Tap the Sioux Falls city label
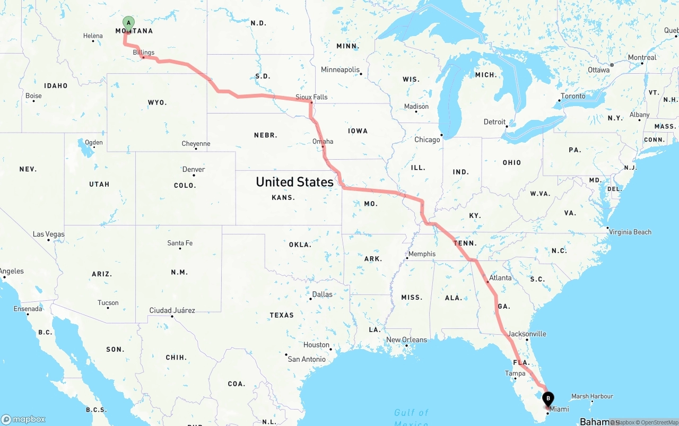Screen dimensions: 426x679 click(x=311, y=97)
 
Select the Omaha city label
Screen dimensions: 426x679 click(x=323, y=141)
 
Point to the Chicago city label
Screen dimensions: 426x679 click(x=427, y=140)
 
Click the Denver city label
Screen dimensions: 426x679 click(x=194, y=170)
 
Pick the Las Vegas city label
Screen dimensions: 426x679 click(x=48, y=234)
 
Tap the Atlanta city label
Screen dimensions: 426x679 click(x=500, y=278)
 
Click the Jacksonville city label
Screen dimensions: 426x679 click(x=526, y=334)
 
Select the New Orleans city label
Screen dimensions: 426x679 click(x=406, y=340)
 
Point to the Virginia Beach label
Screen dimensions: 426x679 click(x=630, y=232)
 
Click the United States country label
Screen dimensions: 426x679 click(x=294, y=182)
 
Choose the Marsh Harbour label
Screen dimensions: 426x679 click(x=592, y=396)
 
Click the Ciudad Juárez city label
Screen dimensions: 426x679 click(x=172, y=310)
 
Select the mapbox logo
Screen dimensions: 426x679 click(x=23, y=420)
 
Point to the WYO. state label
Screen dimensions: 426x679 click(x=157, y=102)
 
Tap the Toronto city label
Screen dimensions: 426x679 click(x=573, y=96)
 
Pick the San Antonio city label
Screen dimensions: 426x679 click(x=307, y=359)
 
